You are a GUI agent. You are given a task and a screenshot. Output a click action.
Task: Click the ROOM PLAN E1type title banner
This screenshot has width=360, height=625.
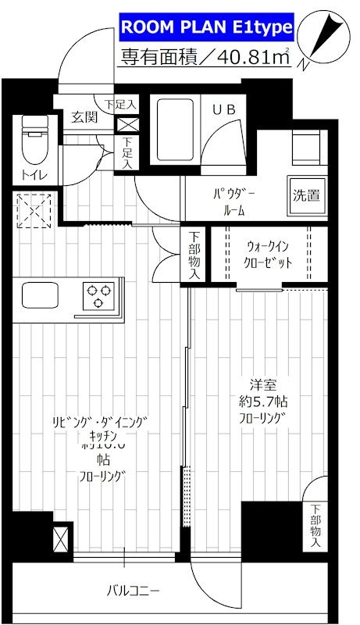coord(206,29)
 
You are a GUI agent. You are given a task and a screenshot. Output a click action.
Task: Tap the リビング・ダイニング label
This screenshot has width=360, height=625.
coord(99,423)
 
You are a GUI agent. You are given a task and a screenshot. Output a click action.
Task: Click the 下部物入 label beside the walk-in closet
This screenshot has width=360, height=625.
coord(194,254)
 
